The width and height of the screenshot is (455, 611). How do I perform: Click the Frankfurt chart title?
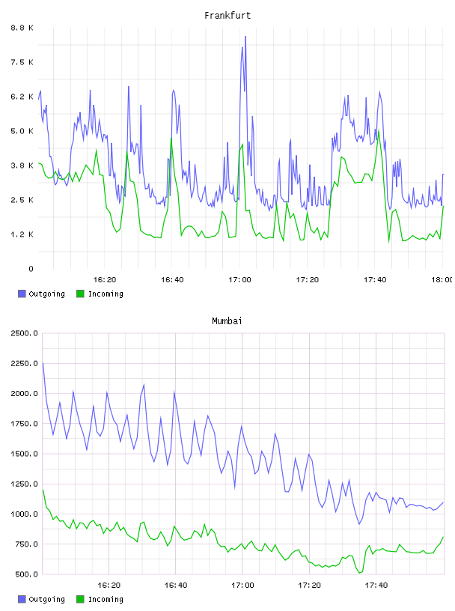click(227, 16)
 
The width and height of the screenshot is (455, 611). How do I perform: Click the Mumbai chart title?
click(227, 321)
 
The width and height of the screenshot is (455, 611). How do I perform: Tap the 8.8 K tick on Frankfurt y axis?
click(22, 28)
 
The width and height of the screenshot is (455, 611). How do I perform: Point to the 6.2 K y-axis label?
click(22, 97)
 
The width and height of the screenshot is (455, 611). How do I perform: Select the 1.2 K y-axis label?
click(22, 234)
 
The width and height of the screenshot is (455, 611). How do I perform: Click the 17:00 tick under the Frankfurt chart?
click(239, 279)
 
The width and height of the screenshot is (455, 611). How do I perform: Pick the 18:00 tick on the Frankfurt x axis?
click(442, 279)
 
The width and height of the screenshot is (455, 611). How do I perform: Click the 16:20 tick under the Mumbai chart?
click(109, 585)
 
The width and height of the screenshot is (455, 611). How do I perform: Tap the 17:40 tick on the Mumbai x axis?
click(376, 585)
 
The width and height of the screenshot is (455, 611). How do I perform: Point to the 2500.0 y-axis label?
click(25, 333)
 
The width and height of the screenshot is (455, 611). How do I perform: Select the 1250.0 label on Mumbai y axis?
click(25, 484)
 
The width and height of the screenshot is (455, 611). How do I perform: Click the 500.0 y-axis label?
click(27, 574)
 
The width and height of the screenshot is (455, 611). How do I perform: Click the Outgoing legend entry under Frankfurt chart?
click(41, 294)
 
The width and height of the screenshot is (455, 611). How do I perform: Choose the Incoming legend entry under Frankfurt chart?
click(100, 294)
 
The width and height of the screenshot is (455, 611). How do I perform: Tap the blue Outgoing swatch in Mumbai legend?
click(22, 599)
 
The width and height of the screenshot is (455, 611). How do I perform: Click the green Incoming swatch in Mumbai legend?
click(80, 599)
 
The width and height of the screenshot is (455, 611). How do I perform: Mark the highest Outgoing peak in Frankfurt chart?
click(245, 36)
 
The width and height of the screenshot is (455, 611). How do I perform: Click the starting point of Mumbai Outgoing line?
click(43, 362)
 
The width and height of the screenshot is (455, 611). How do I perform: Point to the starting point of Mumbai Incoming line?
click(43, 490)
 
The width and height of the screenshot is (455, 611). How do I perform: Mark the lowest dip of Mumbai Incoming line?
click(359, 573)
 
